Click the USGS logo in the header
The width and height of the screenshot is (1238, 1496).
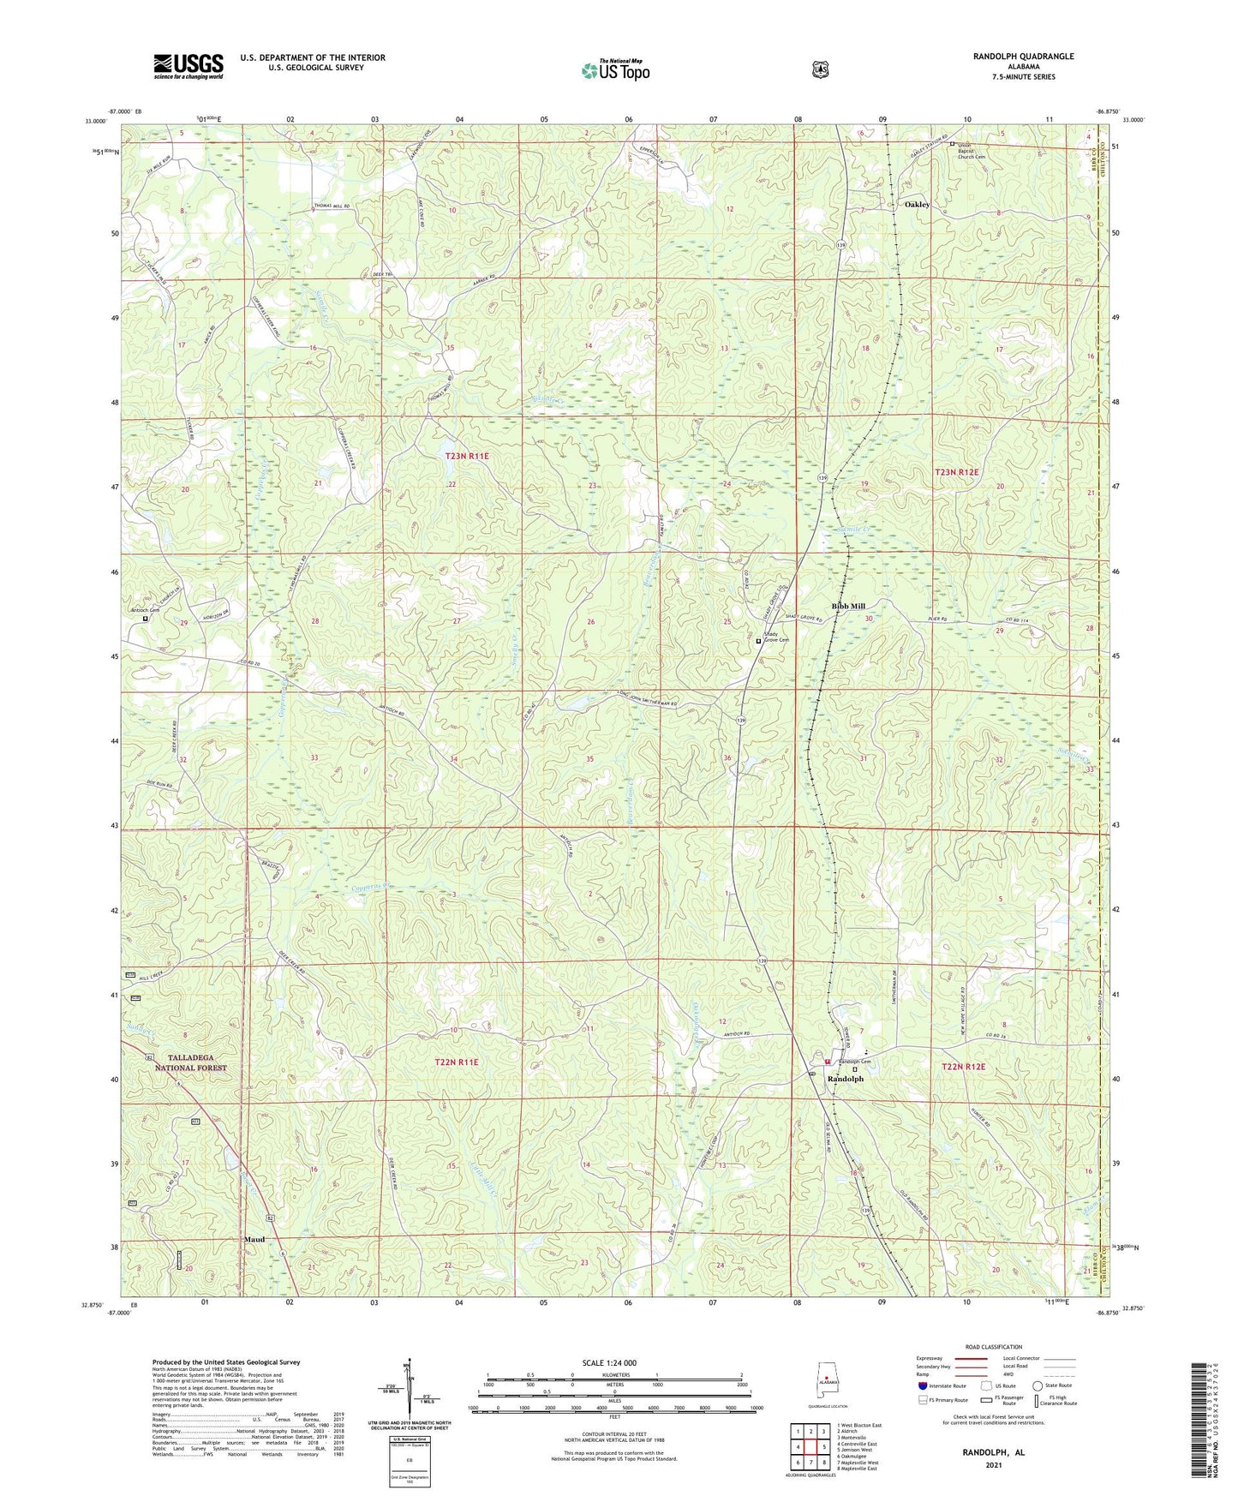pyautogui.click(x=188, y=66)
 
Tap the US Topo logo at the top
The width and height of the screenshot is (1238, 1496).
pyautogui.click(x=615, y=70)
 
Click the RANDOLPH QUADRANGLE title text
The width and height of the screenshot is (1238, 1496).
pyautogui.click(x=1023, y=57)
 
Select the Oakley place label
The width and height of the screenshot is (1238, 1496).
pyautogui.click(x=917, y=205)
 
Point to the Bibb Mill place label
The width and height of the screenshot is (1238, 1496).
pyautogui.click(x=848, y=606)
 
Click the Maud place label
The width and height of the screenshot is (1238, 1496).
pyautogui.click(x=254, y=1240)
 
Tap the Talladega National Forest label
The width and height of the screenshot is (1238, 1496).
pyautogui.click(x=191, y=1062)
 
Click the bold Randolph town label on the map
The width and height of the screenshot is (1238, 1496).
pyautogui.click(x=845, y=1079)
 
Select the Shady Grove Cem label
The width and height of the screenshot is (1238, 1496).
pyautogui.click(x=776, y=637)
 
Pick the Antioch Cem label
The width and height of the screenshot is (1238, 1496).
pyautogui.click(x=145, y=610)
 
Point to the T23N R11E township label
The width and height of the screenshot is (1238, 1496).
pyautogui.click(x=467, y=457)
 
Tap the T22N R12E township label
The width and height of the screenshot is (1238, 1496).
pyautogui.click(x=964, y=1067)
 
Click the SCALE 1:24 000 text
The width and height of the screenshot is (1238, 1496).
pyautogui.click(x=609, y=1363)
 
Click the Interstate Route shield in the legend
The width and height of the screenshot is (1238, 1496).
pyautogui.click(x=923, y=1385)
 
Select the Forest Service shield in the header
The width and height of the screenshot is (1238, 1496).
pyautogui.click(x=820, y=69)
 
